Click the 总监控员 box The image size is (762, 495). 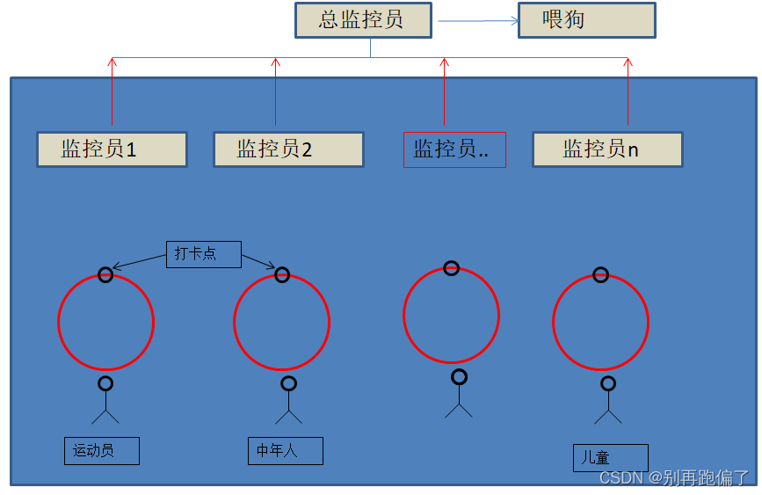(x=363, y=20)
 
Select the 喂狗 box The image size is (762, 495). (x=586, y=20)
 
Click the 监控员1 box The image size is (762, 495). (x=112, y=149)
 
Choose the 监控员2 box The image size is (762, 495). (x=288, y=149)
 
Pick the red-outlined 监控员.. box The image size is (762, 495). (x=454, y=149)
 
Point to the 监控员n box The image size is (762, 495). (x=607, y=149)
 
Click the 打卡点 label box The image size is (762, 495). (x=203, y=254)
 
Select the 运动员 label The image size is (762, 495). (x=101, y=451)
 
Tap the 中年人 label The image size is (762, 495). (x=285, y=451)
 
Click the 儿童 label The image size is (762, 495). (x=610, y=458)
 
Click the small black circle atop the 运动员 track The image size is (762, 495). (x=105, y=275)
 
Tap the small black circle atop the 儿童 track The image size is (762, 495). (x=600, y=275)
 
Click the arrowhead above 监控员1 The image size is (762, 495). (x=112, y=62)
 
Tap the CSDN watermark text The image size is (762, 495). (x=674, y=478)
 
